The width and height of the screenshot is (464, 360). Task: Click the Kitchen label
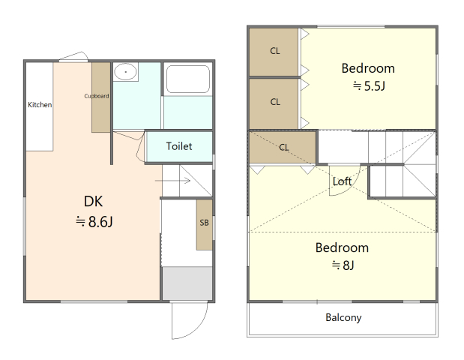(x=40, y=104)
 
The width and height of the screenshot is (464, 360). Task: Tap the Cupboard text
(x=97, y=96)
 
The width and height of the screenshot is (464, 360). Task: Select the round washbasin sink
(x=125, y=71)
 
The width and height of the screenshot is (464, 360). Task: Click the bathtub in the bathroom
(x=188, y=79)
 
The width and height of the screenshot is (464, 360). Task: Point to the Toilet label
(x=179, y=146)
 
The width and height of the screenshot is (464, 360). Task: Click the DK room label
(x=93, y=201)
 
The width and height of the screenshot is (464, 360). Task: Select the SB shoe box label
(x=204, y=223)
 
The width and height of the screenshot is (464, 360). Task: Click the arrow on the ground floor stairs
(x=172, y=180)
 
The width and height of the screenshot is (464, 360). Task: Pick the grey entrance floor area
(x=187, y=283)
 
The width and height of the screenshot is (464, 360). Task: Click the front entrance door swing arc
(x=196, y=328)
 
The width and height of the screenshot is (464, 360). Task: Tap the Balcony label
(x=343, y=317)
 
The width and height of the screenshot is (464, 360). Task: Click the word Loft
(x=342, y=181)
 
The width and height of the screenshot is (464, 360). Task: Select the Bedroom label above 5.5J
(x=368, y=68)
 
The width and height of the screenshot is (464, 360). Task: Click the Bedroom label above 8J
(x=342, y=247)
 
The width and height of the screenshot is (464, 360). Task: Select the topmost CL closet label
(x=275, y=51)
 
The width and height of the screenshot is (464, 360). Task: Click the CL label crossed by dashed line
(x=284, y=147)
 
